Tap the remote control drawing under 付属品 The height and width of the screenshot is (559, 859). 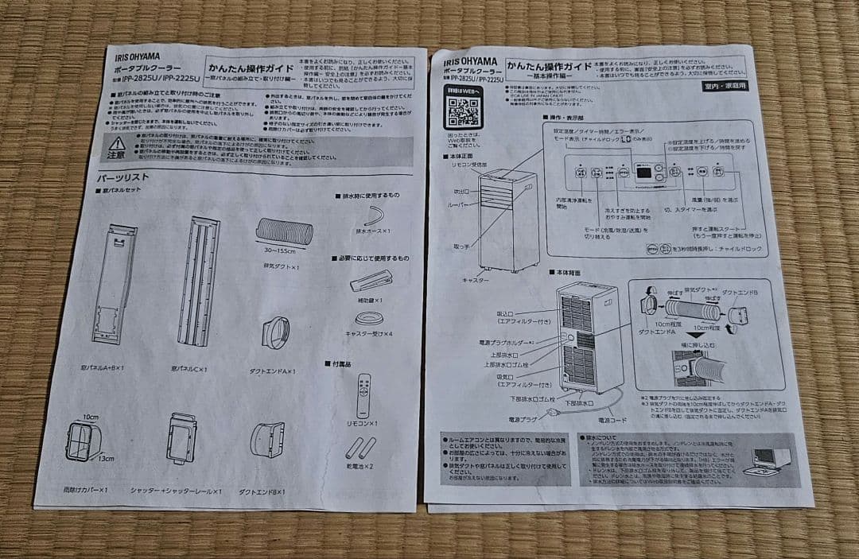[x=364, y=395]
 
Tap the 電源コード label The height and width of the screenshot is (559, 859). [x=615, y=419]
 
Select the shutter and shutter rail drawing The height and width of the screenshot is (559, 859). [x=181, y=438]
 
